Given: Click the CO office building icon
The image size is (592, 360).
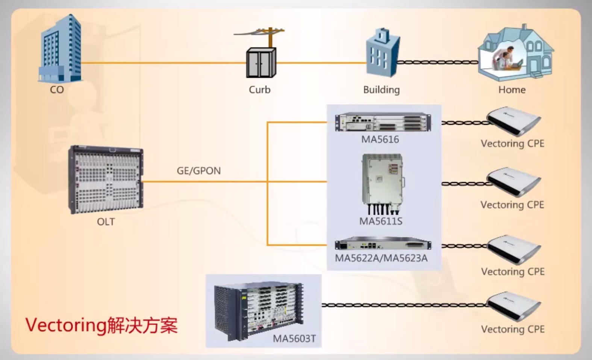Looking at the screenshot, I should tap(60, 49).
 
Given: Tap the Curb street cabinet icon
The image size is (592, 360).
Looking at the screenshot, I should tap(261, 62).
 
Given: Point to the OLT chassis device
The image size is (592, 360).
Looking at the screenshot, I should tap(106, 180).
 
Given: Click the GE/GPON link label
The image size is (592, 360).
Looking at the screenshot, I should tap(199, 171).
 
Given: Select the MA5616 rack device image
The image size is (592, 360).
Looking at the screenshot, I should tap(383, 122).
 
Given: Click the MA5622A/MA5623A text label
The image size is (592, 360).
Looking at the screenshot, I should tap(381, 258).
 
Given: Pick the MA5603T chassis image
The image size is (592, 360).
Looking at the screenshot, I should tap(259, 311).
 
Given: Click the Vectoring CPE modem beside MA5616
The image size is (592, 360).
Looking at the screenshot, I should tap(514, 121).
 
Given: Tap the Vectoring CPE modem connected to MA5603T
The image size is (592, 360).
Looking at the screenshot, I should tap(514, 306).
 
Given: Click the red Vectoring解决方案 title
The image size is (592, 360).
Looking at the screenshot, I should tap(101, 325).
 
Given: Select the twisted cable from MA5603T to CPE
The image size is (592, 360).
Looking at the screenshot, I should tap(404, 305).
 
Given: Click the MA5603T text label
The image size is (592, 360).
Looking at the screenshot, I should tap(294, 339).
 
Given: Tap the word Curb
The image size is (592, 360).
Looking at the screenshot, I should tap(260, 90).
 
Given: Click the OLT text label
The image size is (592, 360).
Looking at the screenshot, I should tap(106, 222).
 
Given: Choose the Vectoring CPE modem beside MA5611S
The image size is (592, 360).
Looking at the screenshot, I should tap(514, 182).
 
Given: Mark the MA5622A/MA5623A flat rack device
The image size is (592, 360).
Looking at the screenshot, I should tap(383, 244).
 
